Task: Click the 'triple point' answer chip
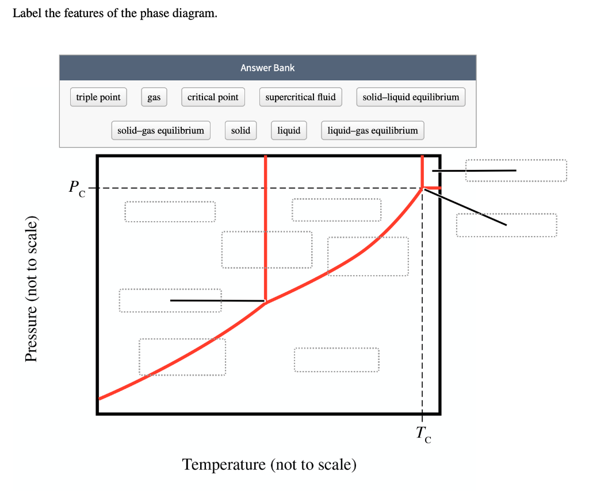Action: click(x=98, y=97)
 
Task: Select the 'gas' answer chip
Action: click(x=154, y=97)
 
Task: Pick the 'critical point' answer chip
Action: click(x=213, y=97)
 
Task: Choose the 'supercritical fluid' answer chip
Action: click(x=300, y=97)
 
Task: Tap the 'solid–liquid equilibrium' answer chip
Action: click(x=411, y=97)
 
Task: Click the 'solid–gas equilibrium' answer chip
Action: click(x=160, y=130)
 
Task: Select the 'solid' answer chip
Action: click(x=240, y=130)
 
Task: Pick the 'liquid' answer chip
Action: click(x=289, y=130)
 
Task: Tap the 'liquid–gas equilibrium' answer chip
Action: click(x=373, y=130)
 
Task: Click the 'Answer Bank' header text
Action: click(x=267, y=68)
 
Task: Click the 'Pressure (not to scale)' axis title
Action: click(x=33, y=291)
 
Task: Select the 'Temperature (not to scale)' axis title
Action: click(x=269, y=464)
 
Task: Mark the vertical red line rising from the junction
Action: click(x=265, y=230)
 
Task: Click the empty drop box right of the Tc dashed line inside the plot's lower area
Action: click(x=336, y=359)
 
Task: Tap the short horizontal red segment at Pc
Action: click(x=433, y=188)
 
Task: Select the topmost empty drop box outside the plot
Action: click(x=516, y=171)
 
